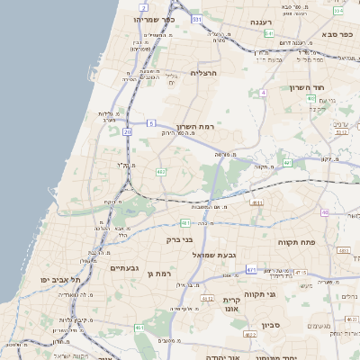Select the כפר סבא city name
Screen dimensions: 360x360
[334, 42]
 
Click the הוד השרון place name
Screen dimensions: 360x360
[307, 87]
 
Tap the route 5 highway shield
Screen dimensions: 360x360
[150, 121]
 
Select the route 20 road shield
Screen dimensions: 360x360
[128, 132]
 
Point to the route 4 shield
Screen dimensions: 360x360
[262, 93]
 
